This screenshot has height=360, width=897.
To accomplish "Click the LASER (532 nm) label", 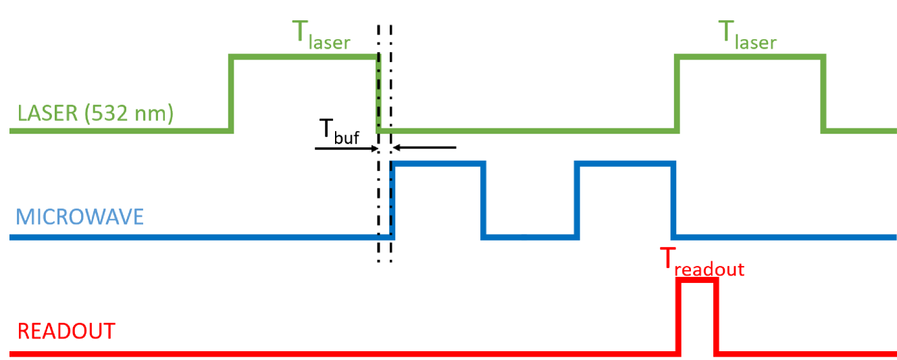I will coord(95,113).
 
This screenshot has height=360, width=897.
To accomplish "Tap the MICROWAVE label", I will coord(80,217).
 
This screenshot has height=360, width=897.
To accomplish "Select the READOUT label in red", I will coord(66,332).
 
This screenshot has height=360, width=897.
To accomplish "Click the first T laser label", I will coord(320,36).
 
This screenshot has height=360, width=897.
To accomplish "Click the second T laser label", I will coord(746,36).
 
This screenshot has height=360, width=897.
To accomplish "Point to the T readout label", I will coord(701,263).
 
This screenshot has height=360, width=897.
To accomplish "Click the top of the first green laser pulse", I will coord(304,59).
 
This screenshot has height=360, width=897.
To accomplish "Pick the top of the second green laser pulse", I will coord(750,59).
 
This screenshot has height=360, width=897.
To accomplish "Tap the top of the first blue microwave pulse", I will coord(439,163).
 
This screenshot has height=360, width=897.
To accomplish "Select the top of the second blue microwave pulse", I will coord(625,163).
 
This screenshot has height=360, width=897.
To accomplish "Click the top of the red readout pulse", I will coord(698,280).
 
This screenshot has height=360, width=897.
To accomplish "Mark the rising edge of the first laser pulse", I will coord(232,95).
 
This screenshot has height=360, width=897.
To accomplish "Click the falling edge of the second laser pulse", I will coord(824,95).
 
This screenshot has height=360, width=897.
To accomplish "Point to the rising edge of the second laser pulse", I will coord(677,95).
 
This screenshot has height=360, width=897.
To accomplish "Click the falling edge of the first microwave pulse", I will coord(484,201).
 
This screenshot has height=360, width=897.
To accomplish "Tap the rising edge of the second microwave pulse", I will coord(577,201).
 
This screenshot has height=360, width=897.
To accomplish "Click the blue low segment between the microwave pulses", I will coord(530,237).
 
